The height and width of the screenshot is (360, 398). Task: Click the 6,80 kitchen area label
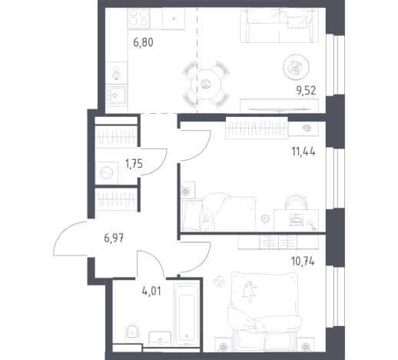(143, 42)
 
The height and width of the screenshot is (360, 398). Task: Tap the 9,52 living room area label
(307, 91)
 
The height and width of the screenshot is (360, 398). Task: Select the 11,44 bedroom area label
(303, 152)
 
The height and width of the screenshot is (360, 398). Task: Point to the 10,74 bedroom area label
(303, 262)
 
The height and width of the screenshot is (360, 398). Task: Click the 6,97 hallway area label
(114, 238)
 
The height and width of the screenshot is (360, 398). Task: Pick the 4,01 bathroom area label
(151, 292)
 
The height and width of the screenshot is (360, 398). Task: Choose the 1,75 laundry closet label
(134, 164)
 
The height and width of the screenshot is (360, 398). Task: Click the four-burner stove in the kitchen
(139, 18)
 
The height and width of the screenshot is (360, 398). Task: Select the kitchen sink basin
(117, 95)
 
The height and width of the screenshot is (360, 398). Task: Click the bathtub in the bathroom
(187, 314)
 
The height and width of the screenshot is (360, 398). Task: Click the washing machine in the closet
(107, 172)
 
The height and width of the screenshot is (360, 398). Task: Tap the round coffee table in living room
(296, 67)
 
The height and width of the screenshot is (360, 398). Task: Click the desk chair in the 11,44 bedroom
(296, 202)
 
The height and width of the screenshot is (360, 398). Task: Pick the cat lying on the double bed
(249, 291)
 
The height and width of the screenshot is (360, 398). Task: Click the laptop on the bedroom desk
(295, 219)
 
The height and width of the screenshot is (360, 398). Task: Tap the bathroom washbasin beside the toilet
(160, 339)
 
